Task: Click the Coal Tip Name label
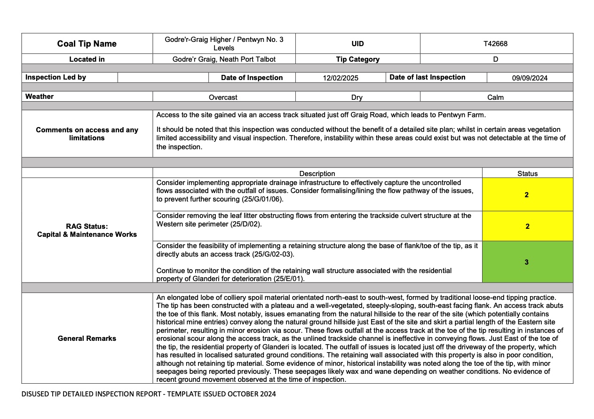click(x=87, y=44)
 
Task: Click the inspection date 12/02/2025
click(x=341, y=78)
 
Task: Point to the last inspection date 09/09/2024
click(x=530, y=78)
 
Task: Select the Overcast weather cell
click(x=223, y=97)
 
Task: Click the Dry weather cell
click(x=357, y=97)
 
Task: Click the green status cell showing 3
click(x=527, y=262)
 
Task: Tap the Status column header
click(x=527, y=173)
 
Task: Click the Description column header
click(x=317, y=173)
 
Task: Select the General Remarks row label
click(x=87, y=338)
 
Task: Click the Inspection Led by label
click(x=55, y=77)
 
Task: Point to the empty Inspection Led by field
click(x=163, y=78)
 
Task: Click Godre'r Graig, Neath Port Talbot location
click(x=224, y=59)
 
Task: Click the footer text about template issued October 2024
click(x=149, y=394)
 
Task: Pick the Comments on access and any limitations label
click(x=87, y=134)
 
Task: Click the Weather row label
click(x=40, y=97)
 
